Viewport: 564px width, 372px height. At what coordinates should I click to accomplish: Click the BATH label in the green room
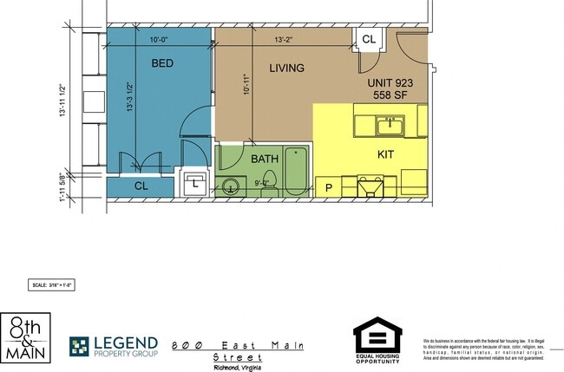[x=264, y=159]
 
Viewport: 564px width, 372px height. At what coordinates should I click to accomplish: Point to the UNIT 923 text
[x=390, y=83]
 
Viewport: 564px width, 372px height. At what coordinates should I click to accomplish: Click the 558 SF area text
[x=390, y=95]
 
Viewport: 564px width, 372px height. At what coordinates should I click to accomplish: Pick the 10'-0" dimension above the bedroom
[x=159, y=39]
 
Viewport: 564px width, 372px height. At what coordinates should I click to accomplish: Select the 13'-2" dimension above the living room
[x=287, y=39]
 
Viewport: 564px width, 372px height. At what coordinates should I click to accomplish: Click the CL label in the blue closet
[x=141, y=186]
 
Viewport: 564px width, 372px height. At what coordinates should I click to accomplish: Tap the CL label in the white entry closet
[x=368, y=39]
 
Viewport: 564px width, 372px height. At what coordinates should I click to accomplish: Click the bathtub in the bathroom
[x=296, y=171]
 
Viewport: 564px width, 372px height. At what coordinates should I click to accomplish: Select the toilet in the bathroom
[x=269, y=181]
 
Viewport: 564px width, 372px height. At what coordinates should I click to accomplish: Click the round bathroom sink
[x=231, y=185]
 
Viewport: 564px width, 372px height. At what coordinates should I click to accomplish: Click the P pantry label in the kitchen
[x=329, y=187]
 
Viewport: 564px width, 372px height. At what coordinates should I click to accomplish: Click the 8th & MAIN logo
[x=26, y=338]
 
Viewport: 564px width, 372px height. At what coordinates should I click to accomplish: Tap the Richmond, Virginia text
[x=237, y=367]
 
